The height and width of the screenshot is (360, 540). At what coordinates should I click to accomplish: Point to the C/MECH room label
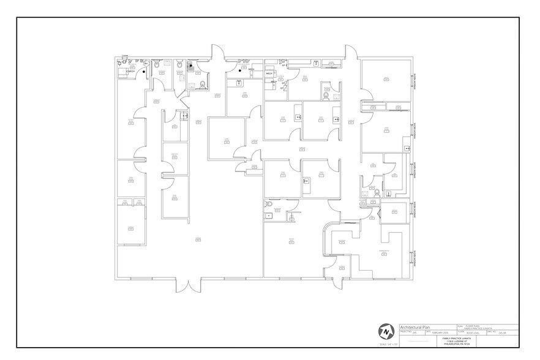click(130, 72)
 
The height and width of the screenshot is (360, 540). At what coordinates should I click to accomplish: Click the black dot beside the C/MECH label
click(144, 71)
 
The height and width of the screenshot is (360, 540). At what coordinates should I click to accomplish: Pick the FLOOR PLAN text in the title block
click(474, 325)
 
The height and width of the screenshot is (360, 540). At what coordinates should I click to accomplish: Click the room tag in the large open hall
click(198, 238)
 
